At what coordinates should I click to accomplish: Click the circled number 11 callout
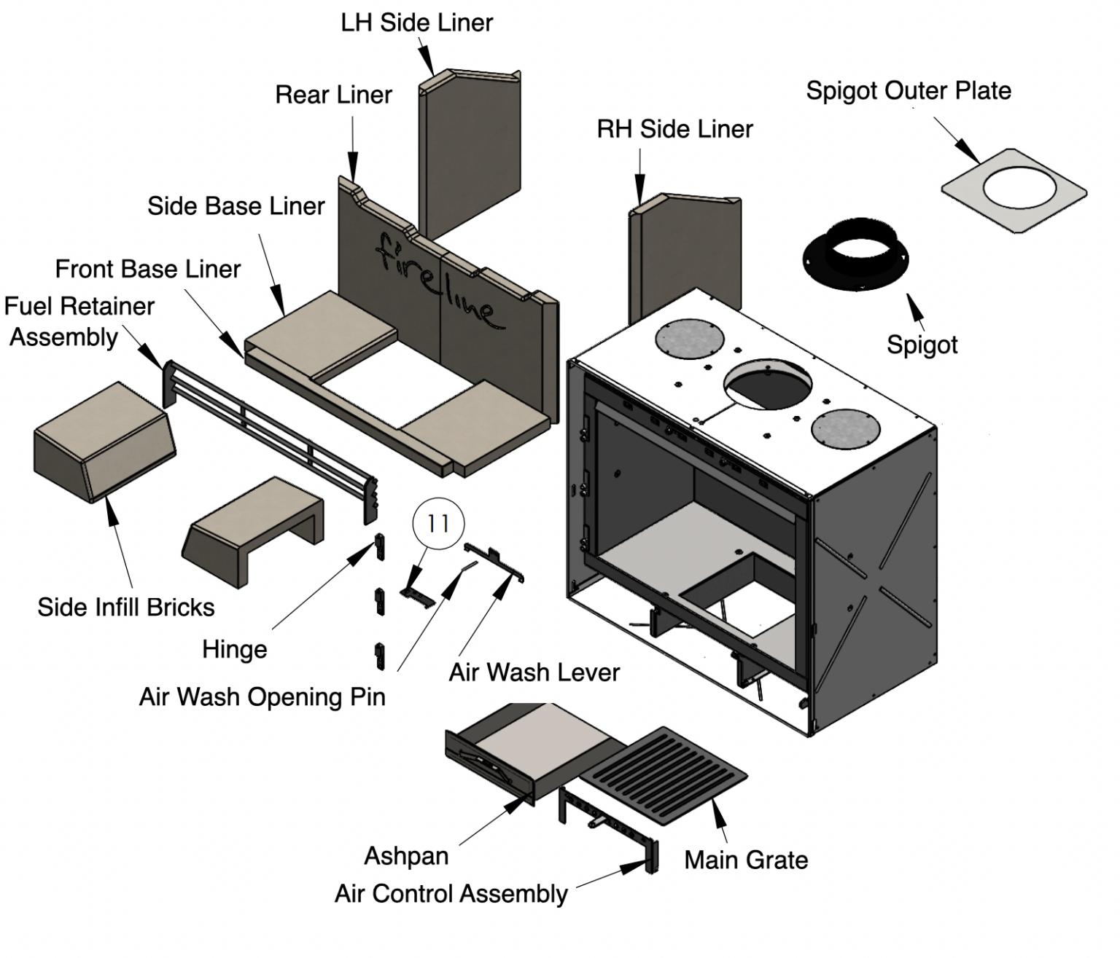click(437, 524)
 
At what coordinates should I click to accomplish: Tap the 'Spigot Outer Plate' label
click(908, 91)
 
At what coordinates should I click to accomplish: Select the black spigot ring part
click(856, 255)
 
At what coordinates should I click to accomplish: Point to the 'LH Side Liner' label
click(416, 23)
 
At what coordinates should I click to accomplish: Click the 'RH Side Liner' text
click(674, 130)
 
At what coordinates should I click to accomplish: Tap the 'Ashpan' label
click(406, 855)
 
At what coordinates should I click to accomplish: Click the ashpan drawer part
click(525, 750)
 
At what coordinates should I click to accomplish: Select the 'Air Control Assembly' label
click(451, 894)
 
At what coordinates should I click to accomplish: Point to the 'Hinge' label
click(234, 649)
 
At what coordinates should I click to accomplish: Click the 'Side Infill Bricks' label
click(126, 607)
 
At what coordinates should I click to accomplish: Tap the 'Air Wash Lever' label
click(534, 672)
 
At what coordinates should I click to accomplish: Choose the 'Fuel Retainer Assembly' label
click(78, 321)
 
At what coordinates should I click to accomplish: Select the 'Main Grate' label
click(746, 860)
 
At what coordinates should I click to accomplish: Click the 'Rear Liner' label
click(333, 95)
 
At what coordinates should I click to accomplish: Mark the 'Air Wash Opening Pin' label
click(262, 697)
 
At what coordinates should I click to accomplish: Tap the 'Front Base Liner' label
click(147, 269)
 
